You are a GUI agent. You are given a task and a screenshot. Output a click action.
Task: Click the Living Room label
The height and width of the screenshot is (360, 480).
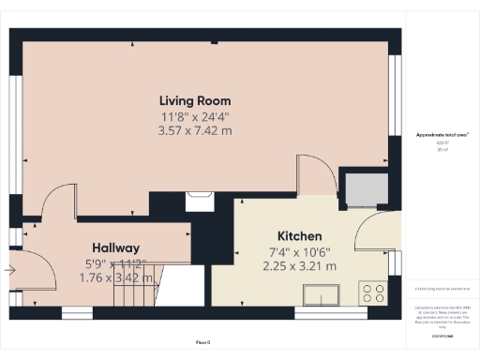(x=195, y=100)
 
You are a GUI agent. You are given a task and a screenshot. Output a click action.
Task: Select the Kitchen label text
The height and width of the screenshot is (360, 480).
(x=299, y=236)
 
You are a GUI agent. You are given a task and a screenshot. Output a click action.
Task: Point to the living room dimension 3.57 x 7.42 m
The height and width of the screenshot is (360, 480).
(x=195, y=130)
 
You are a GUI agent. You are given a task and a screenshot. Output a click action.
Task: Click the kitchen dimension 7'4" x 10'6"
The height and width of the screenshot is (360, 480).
(x=299, y=251)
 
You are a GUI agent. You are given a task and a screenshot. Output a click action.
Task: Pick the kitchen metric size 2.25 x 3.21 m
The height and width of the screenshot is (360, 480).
(x=299, y=266)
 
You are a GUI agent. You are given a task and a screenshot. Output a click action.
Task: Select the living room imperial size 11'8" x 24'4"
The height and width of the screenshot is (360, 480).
(x=195, y=116)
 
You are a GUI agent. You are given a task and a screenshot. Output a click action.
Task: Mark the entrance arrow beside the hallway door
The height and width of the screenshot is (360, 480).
(x=9, y=271)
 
